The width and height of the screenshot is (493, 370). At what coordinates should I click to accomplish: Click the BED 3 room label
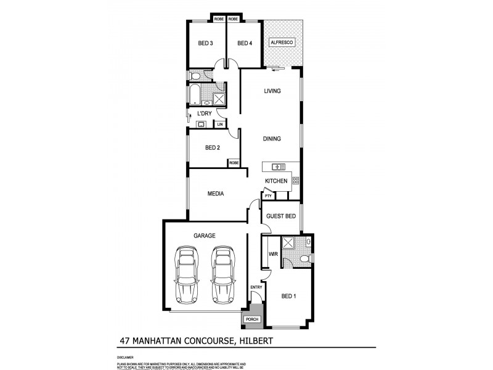pyautogui.click(x=205, y=43)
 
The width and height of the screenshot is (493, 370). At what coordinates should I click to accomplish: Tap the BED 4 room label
pyautogui.click(x=245, y=43)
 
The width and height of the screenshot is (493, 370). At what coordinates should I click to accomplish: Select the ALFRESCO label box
pyautogui.click(x=283, y=43)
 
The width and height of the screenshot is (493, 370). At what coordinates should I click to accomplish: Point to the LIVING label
pyautogui.click(x=272, y=91)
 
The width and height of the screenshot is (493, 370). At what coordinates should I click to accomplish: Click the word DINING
pyautogui.click(x=272, y=139)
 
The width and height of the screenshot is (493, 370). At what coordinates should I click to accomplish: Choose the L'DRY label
pyautogui.click(x=205, y=115)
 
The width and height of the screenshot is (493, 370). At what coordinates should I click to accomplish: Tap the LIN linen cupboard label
pyautogui.click(x=219, y=125)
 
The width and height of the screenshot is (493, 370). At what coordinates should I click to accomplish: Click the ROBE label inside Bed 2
pyautogui.click(x=234, y=163)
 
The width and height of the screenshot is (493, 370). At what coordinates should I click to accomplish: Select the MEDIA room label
pyautogui.click(x=215, y=194)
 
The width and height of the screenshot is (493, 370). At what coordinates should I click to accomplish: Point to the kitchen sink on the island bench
pyautogui.click(x=276, y=166)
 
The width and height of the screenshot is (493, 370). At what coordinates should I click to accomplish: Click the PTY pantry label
pyautogui.click(x=268, y=196)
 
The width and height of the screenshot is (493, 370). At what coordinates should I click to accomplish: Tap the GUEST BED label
pyautogui.click(x=281, y=216)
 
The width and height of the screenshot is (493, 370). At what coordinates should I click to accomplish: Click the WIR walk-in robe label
pyautogui.click(x=271, y=253)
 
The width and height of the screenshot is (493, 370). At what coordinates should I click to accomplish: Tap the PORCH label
pyautogui.click(x=252, y=319)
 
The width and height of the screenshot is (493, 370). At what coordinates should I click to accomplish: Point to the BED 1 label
pyautogui.click(x=288, y=296)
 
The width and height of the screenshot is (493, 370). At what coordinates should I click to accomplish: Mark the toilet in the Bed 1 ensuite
pyautogui.click(x=306, y=258)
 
